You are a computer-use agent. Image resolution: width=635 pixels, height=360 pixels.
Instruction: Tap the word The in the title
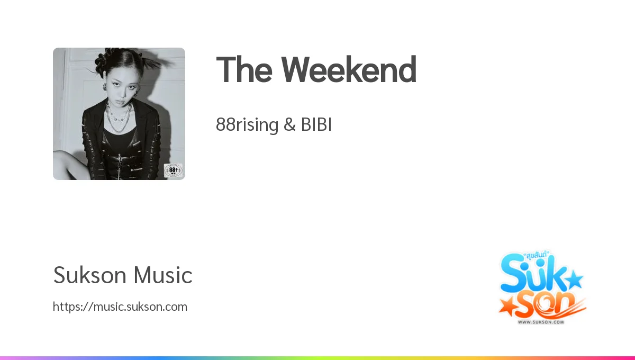click(x=243, y=70)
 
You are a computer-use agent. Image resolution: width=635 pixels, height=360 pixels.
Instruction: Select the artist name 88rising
click(x=247, y=125)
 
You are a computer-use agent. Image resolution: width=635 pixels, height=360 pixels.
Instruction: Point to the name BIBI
click(x=316, y=125)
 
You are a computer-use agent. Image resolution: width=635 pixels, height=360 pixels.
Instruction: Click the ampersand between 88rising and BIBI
click(x=289, y=125)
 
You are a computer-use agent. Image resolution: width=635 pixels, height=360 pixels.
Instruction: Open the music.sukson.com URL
click(x=120, y=307)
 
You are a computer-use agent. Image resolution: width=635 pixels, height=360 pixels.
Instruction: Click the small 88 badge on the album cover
click(x=173, y=170)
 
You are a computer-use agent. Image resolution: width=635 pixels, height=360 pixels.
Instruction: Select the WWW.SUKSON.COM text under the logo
click(x=541, y=322)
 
